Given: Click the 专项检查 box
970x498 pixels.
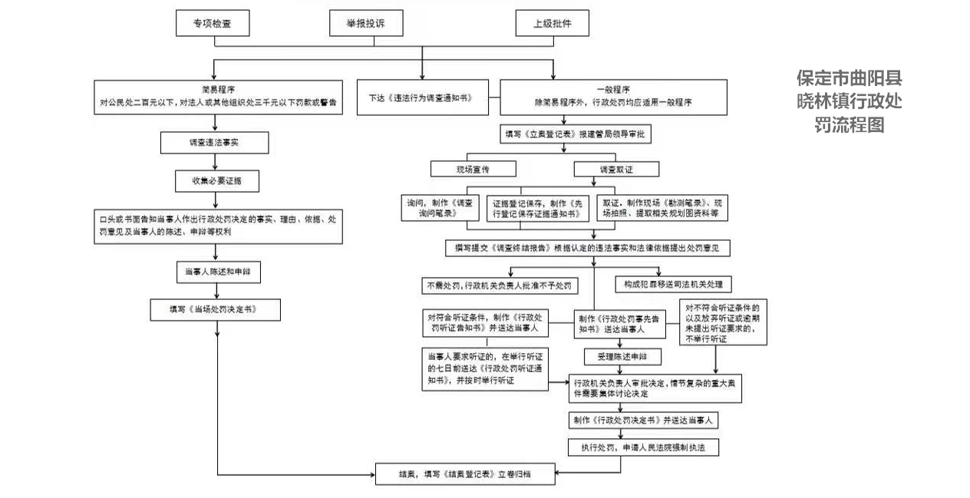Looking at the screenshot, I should [213, 24].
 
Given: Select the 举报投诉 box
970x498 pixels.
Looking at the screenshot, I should [366, 24].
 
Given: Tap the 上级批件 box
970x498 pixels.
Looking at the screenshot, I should [553, 24].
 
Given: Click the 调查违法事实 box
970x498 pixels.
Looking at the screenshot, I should [213, 143].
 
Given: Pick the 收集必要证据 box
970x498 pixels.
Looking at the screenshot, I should [213, 180].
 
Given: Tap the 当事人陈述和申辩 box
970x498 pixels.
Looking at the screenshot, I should [218, 272].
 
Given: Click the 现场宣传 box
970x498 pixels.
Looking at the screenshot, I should [473, 169].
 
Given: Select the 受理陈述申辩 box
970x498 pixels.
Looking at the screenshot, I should [617, 356].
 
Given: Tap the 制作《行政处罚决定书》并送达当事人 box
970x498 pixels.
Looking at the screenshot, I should [643, 420].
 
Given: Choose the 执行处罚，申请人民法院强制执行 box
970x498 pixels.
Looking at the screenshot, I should [643, 447].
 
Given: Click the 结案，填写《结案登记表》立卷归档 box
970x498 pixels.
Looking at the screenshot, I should [464, 474].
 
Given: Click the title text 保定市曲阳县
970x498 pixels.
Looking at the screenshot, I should [849, 78].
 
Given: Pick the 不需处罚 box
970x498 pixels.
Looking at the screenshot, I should [500, 285].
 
